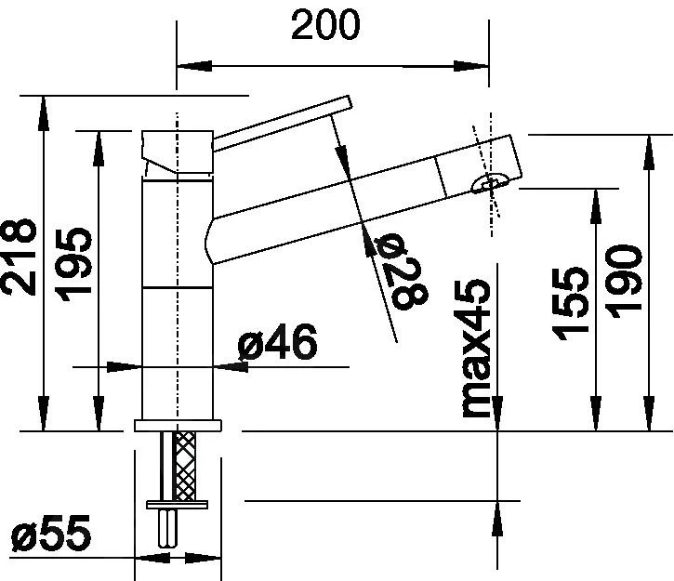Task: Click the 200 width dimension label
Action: point(324,26)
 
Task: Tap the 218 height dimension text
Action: point(20,257)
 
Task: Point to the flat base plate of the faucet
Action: point(178,426)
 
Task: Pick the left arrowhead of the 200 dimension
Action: point(193,66)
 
